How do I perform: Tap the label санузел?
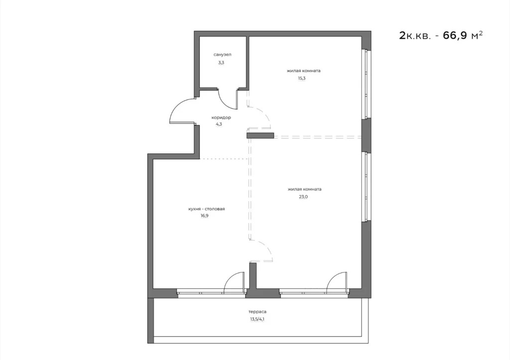coord(222,54)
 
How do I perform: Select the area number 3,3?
coord(221,63)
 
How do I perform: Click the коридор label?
coord(221,118)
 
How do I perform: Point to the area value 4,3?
coord(219,125)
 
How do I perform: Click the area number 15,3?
coord(303,78)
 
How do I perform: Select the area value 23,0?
coord(304,197)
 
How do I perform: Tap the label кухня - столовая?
coord(207,209)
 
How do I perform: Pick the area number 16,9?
coord(204,217)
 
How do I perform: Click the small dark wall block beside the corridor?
coord(260,135)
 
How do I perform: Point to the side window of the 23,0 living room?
coord(367,187)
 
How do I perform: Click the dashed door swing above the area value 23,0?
coord(261,119)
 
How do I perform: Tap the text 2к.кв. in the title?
coord(414,36)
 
